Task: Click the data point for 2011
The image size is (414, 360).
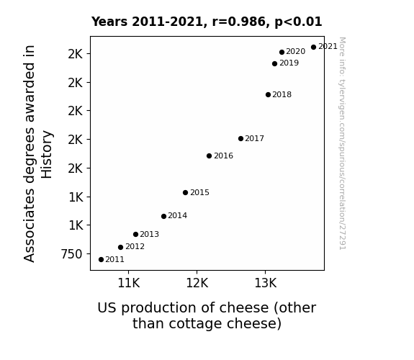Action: [101, 260]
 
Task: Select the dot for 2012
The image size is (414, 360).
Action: [120, 247]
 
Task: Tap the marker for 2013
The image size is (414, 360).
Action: [135, 234]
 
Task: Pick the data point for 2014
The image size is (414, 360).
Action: [163, 216]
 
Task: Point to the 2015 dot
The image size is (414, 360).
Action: [185, 192]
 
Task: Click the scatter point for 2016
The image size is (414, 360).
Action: [209, 156]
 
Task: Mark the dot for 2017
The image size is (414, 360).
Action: [240, 139]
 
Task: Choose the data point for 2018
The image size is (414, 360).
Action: [269, 94]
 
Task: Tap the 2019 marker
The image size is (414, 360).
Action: [274, 63]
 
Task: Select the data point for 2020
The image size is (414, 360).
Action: [282, 52]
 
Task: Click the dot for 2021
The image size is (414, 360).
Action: [313, 48]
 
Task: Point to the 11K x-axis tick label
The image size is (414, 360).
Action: [129, 283]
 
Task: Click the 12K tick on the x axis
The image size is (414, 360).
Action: [197, 283]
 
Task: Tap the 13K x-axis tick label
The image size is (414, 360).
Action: [266, 283]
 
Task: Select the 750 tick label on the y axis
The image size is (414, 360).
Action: [72, 254]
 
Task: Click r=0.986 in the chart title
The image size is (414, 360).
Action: [240, 22]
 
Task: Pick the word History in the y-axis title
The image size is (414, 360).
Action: [47, 154]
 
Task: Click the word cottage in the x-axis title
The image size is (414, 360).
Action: [196, 323]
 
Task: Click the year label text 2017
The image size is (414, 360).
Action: [255, 139]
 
